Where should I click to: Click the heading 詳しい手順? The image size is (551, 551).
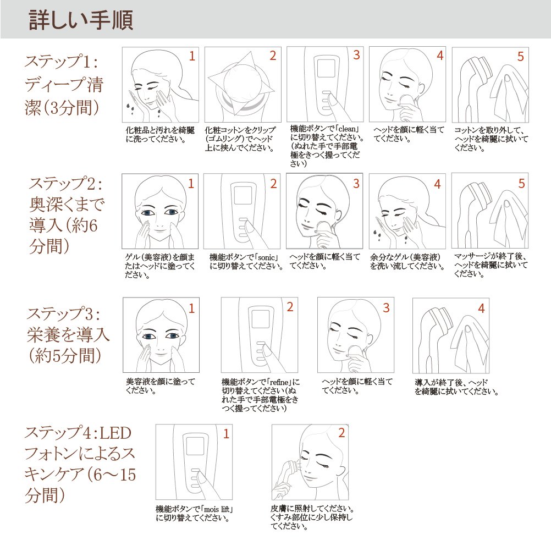pos(81,20)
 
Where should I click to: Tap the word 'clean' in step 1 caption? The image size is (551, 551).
pos(347,129)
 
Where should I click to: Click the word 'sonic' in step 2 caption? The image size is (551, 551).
pos(266,257)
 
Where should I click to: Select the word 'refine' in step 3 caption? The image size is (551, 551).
pos(279,382)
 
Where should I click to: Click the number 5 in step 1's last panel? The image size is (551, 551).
pos(520,57)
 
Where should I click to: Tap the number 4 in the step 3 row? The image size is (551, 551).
pos(481,308)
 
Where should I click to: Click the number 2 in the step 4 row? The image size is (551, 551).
pos(341,433)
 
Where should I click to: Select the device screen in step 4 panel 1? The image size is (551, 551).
pos(194,446)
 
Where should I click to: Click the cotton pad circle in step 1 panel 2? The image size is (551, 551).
pos(242,86)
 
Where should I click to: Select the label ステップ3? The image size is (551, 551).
pos(63,313)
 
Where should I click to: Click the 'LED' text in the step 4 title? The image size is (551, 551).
pos(115,433)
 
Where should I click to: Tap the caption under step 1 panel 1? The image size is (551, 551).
pos(160,135)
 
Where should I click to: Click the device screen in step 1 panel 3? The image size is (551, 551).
pos(326,68)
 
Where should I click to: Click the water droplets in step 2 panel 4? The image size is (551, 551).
pos(377,234)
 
